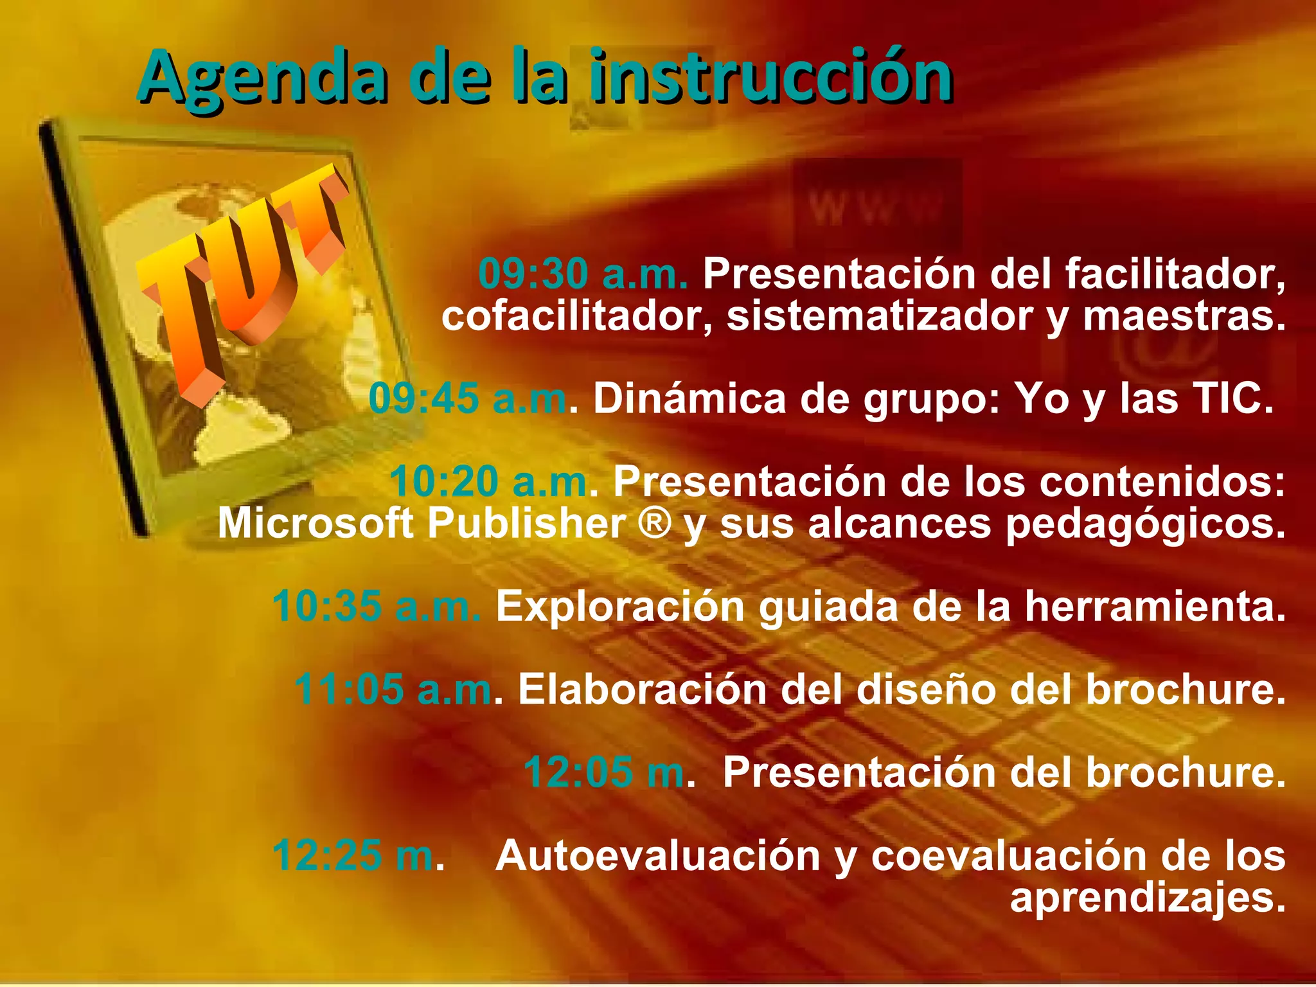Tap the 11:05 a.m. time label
pos(394,689)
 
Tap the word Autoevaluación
pos(658,856)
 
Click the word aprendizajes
pos(1147,898)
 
